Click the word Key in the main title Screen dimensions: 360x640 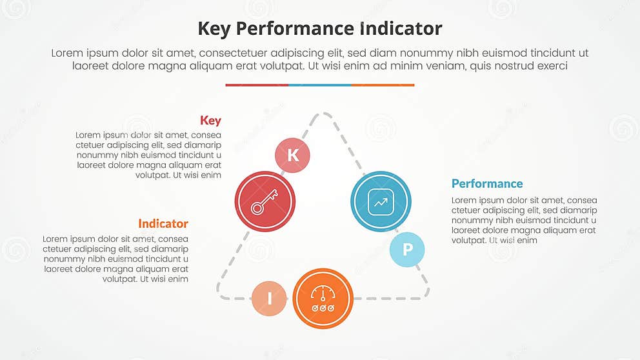click(214, 29)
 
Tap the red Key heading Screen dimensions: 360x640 click(210, 121)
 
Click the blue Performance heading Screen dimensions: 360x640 click(487, 184)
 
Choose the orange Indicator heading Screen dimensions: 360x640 click(163, 224)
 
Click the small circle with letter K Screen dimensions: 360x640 click(293, 155)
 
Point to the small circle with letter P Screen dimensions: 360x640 click(407, 250)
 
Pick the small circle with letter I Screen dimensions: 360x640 click(269, 299)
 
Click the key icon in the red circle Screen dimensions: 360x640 click(265, 201)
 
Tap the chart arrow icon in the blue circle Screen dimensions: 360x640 click(381, 201)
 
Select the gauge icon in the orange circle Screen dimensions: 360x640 click(323, 298)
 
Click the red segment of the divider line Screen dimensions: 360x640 click(257, 85)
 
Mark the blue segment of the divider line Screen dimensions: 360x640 click(320, 85)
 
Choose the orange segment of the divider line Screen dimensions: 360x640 click(383, 85)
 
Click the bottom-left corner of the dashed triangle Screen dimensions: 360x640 click(221, 294)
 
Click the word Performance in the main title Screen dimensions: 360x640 click(293, 29)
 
